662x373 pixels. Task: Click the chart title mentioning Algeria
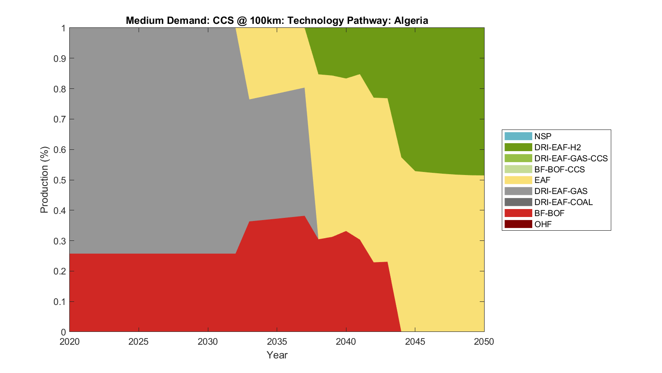click(277, 20)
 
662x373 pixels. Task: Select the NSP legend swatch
click(518, 136)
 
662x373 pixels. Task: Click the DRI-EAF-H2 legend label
click(557, 147)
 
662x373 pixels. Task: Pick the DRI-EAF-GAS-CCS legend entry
click(571, 158)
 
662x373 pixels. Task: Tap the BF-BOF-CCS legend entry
click(559, 169)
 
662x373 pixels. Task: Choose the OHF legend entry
click(543, 224)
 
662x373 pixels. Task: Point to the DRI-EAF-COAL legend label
click(563, 202)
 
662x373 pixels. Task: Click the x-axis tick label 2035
click(277, 342)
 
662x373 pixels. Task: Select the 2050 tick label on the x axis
click(484, 342)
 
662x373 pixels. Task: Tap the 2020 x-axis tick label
click(70, 342)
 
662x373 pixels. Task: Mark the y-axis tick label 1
click(64, 28)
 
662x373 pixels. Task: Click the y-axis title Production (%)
click(44, 180)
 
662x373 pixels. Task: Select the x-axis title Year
click(277, 355)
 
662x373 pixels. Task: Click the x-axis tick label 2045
click(415, 342)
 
